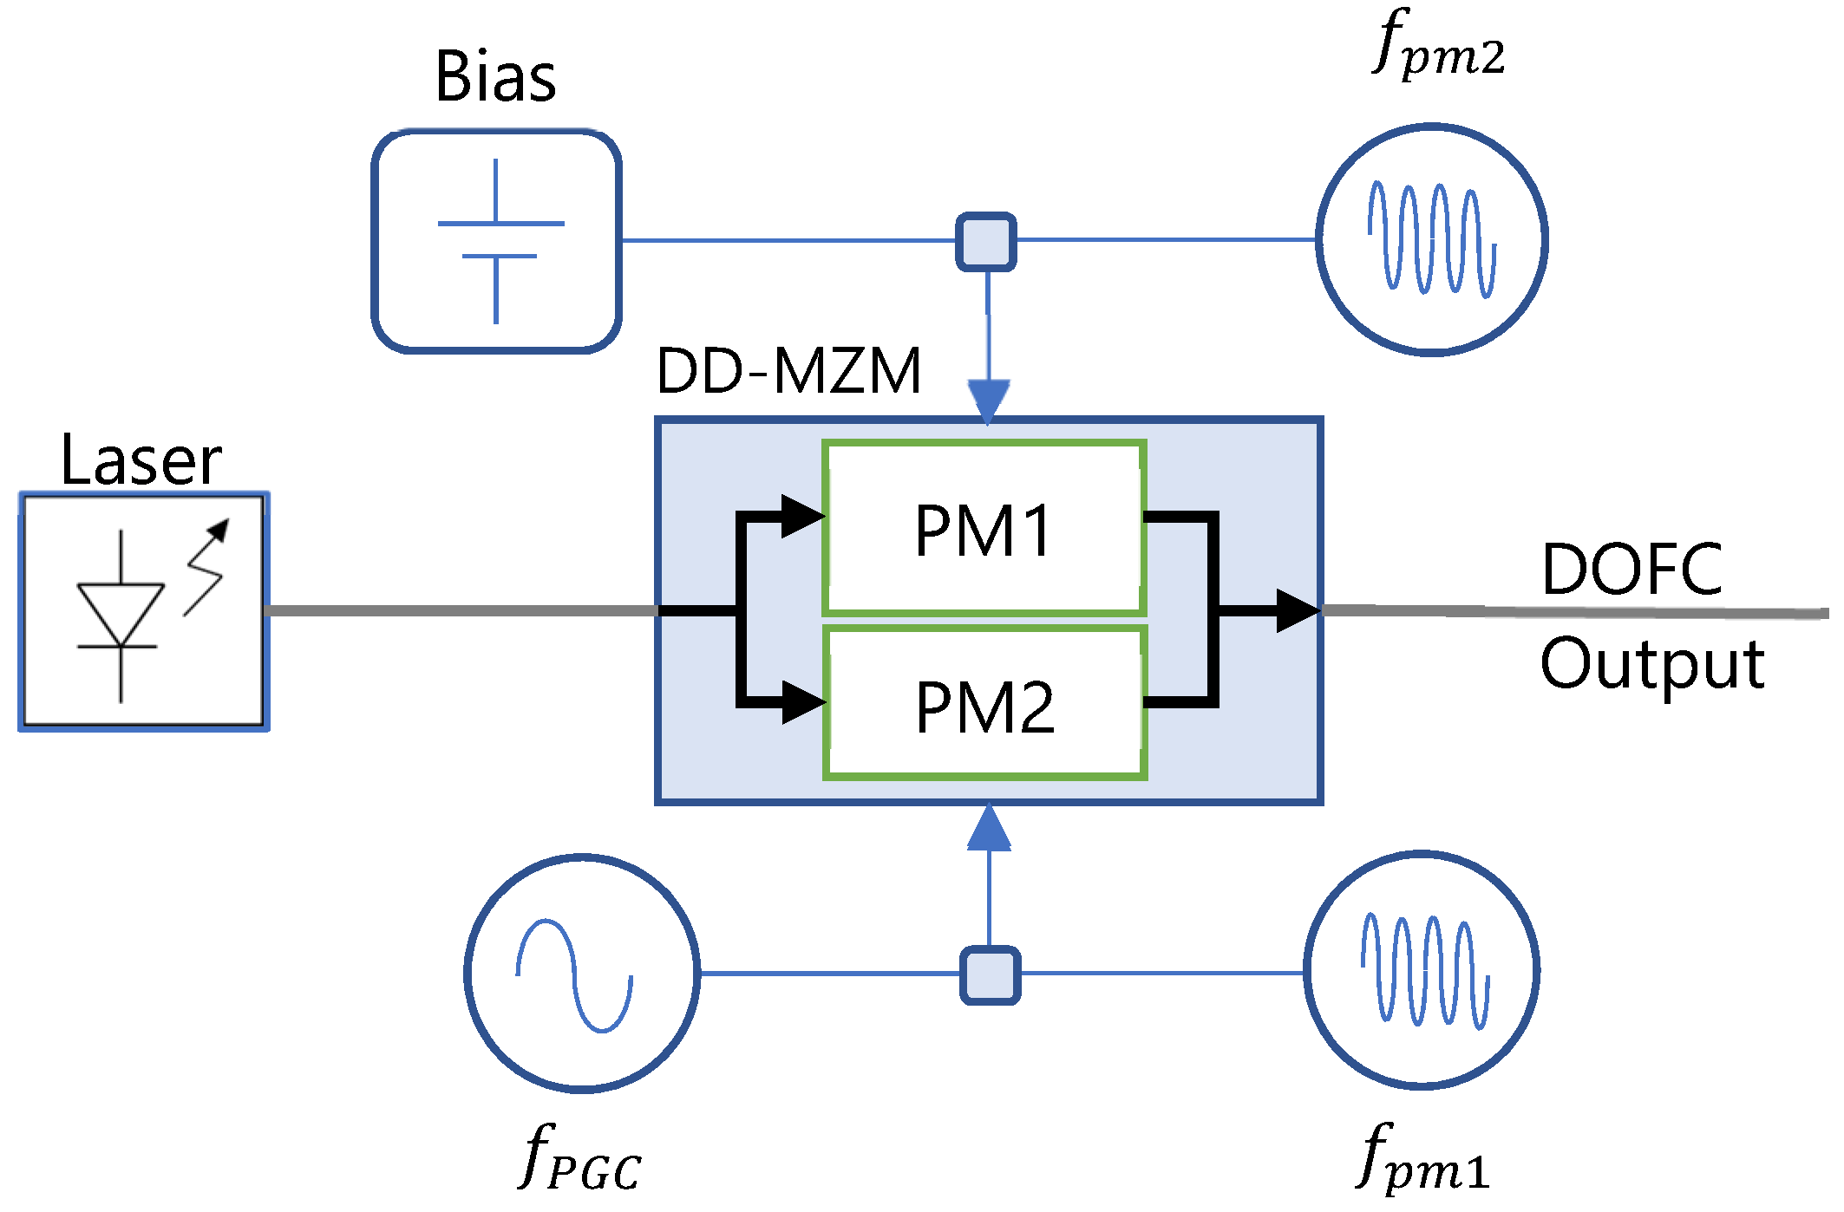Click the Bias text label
coord(495,77)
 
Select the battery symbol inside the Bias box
coord(498,240)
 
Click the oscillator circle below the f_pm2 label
coord(1432,240)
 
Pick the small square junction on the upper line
coord(986,242)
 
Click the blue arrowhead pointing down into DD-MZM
coord(988,401)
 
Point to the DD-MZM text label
coord(788,371)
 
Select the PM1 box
coord(984,529)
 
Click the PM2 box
coord(984,705)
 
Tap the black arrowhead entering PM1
coord(801,517)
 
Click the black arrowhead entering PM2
coord(801,701)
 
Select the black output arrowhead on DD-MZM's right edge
coord(1296,611)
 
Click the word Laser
coord(141,460)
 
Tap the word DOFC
coord(1632,570)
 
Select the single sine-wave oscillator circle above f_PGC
coord(582,974)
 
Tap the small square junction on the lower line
coord(990,975)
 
